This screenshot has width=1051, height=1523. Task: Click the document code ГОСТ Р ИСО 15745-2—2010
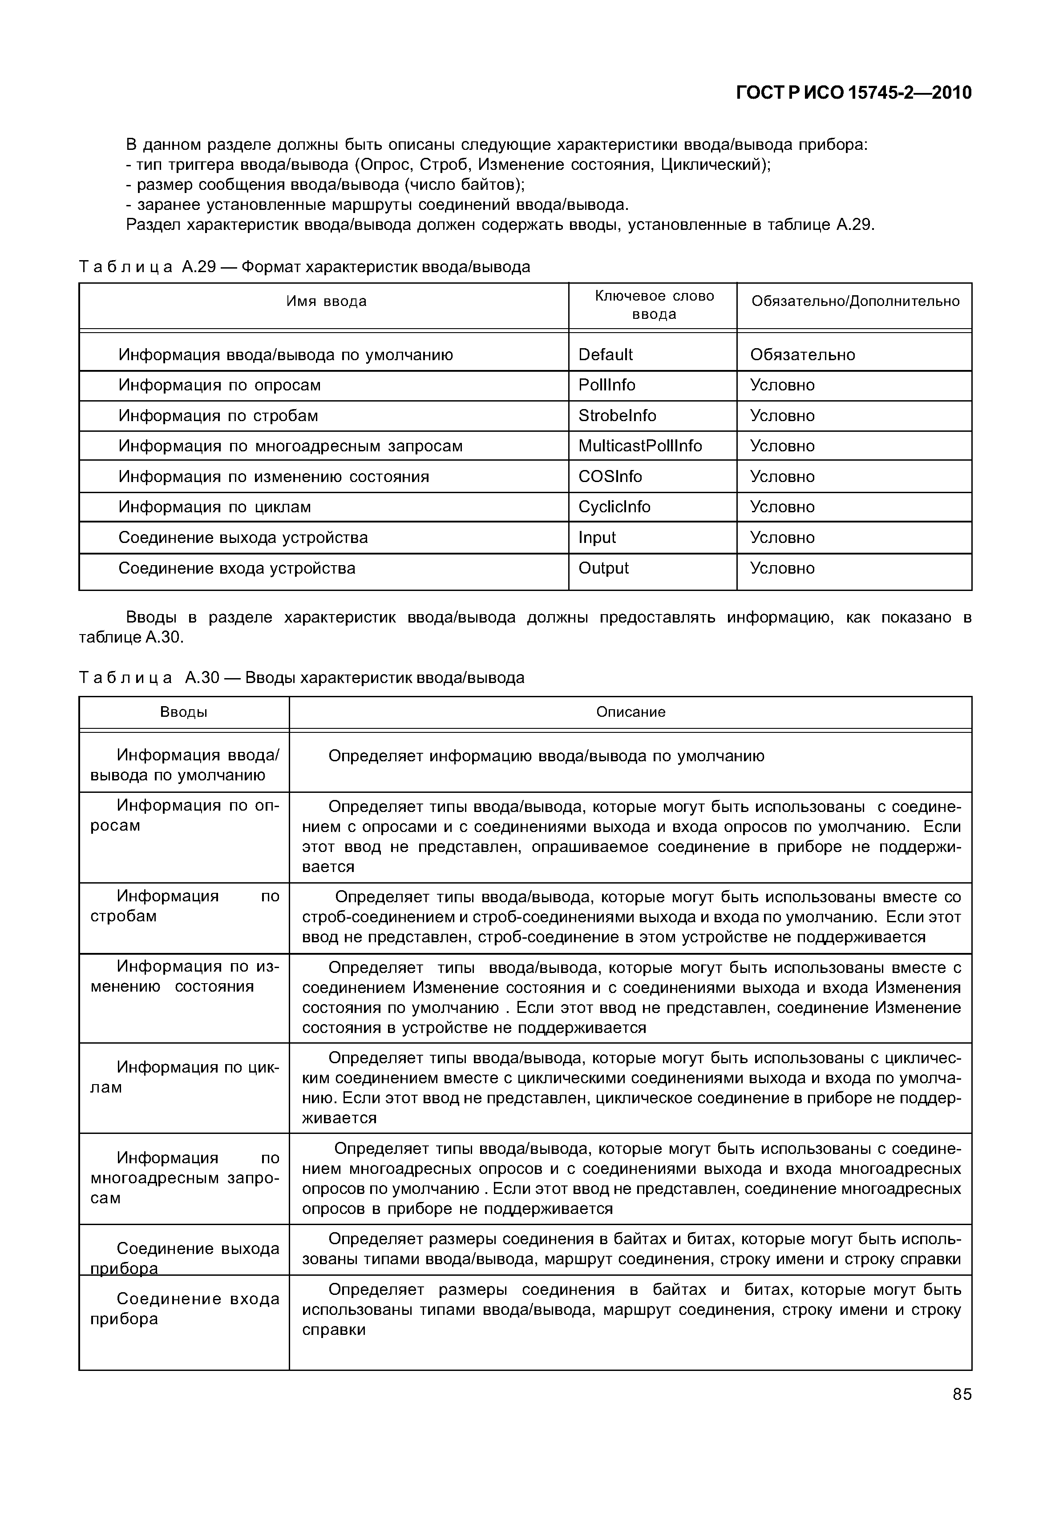click(x=853, y=93)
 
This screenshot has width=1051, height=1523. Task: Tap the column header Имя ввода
click(x=326, y=301)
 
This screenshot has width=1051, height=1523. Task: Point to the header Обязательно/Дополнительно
click(x=855, y=301)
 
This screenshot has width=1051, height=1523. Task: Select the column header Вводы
click(x=184, y=712)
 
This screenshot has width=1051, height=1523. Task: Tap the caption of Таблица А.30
click(x=302, y=678)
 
